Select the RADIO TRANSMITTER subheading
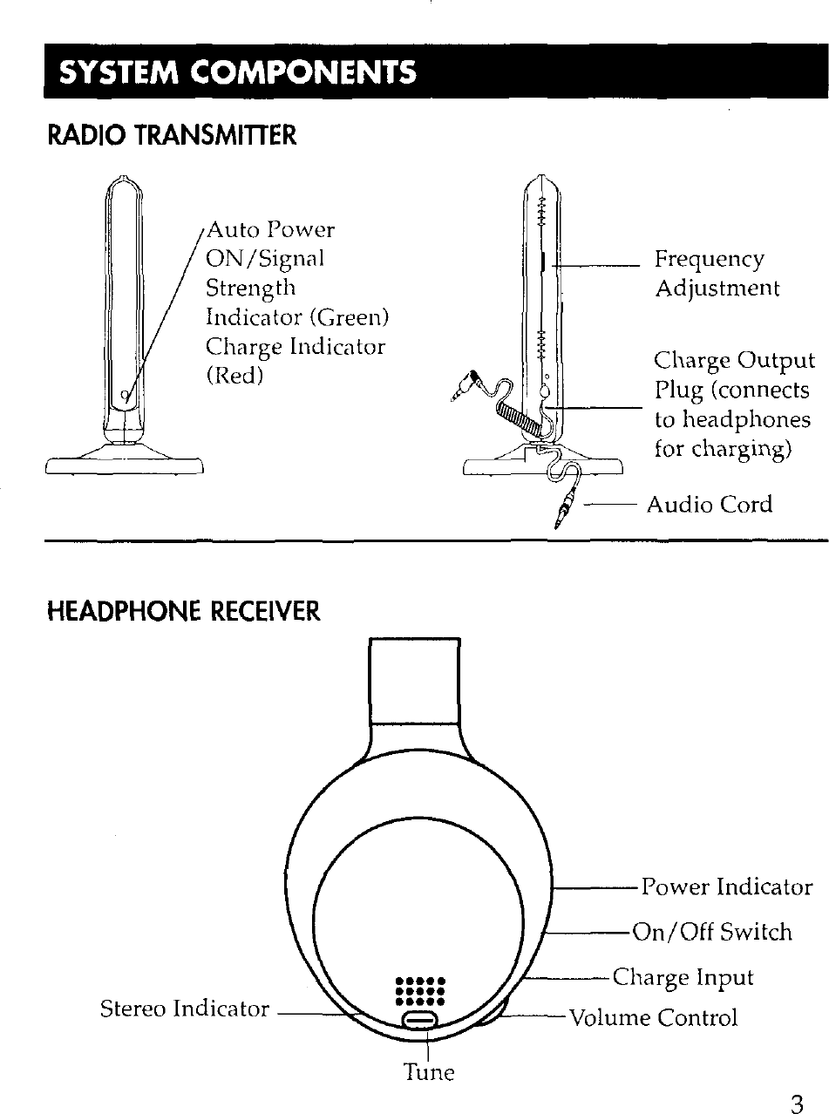point(172,136)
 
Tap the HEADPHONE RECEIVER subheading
point(184,612)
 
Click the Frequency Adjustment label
point(717,274)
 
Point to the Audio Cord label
point(709,505)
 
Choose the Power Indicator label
point(726,887)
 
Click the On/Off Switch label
point(711,933)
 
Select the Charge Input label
point(683,977)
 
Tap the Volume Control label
point(653,1017)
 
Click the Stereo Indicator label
point(185,1009)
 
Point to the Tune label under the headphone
point(428,1071)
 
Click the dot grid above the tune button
point(421,992)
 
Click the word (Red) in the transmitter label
point(234,376)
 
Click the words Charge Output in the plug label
point(734,361)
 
